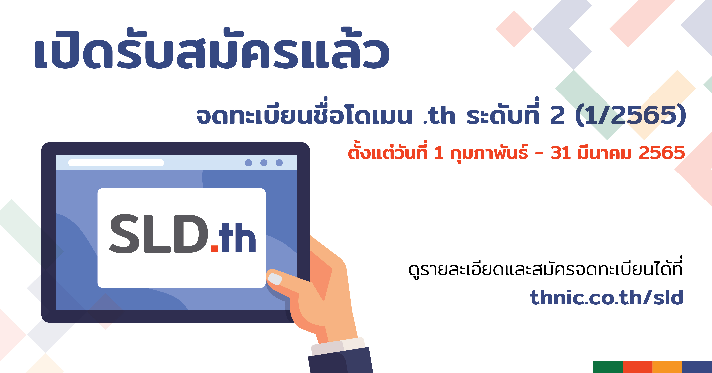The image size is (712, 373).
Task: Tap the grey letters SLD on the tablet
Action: click(x=159, y=234)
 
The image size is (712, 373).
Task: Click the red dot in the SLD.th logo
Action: click(x=215, y=248)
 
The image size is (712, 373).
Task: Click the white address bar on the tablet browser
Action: click(x=116, y=163)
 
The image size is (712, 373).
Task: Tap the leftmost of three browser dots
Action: click(x=248, y=163)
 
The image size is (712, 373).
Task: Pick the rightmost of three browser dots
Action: click(x=279, y=163)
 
